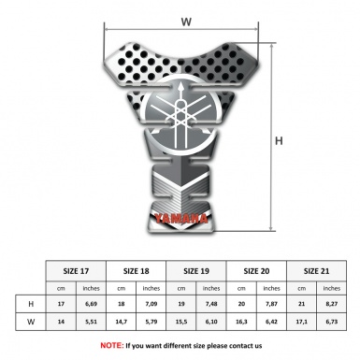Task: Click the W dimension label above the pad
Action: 187,19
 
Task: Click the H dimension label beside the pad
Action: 279,141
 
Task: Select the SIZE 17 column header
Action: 76,270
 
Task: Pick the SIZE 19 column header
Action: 196,270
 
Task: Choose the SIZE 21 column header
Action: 317,270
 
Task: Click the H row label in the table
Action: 32,304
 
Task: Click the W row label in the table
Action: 32,321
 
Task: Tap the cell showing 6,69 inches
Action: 91,304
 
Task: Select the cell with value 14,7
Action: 122,321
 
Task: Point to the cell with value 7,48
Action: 211,304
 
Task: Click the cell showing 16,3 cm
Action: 242,321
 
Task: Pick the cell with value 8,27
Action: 332,304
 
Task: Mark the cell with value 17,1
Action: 302,321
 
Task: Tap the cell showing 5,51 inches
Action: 91,321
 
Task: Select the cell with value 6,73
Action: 332,321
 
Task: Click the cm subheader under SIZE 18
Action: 122,288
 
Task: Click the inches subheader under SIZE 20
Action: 272,288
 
